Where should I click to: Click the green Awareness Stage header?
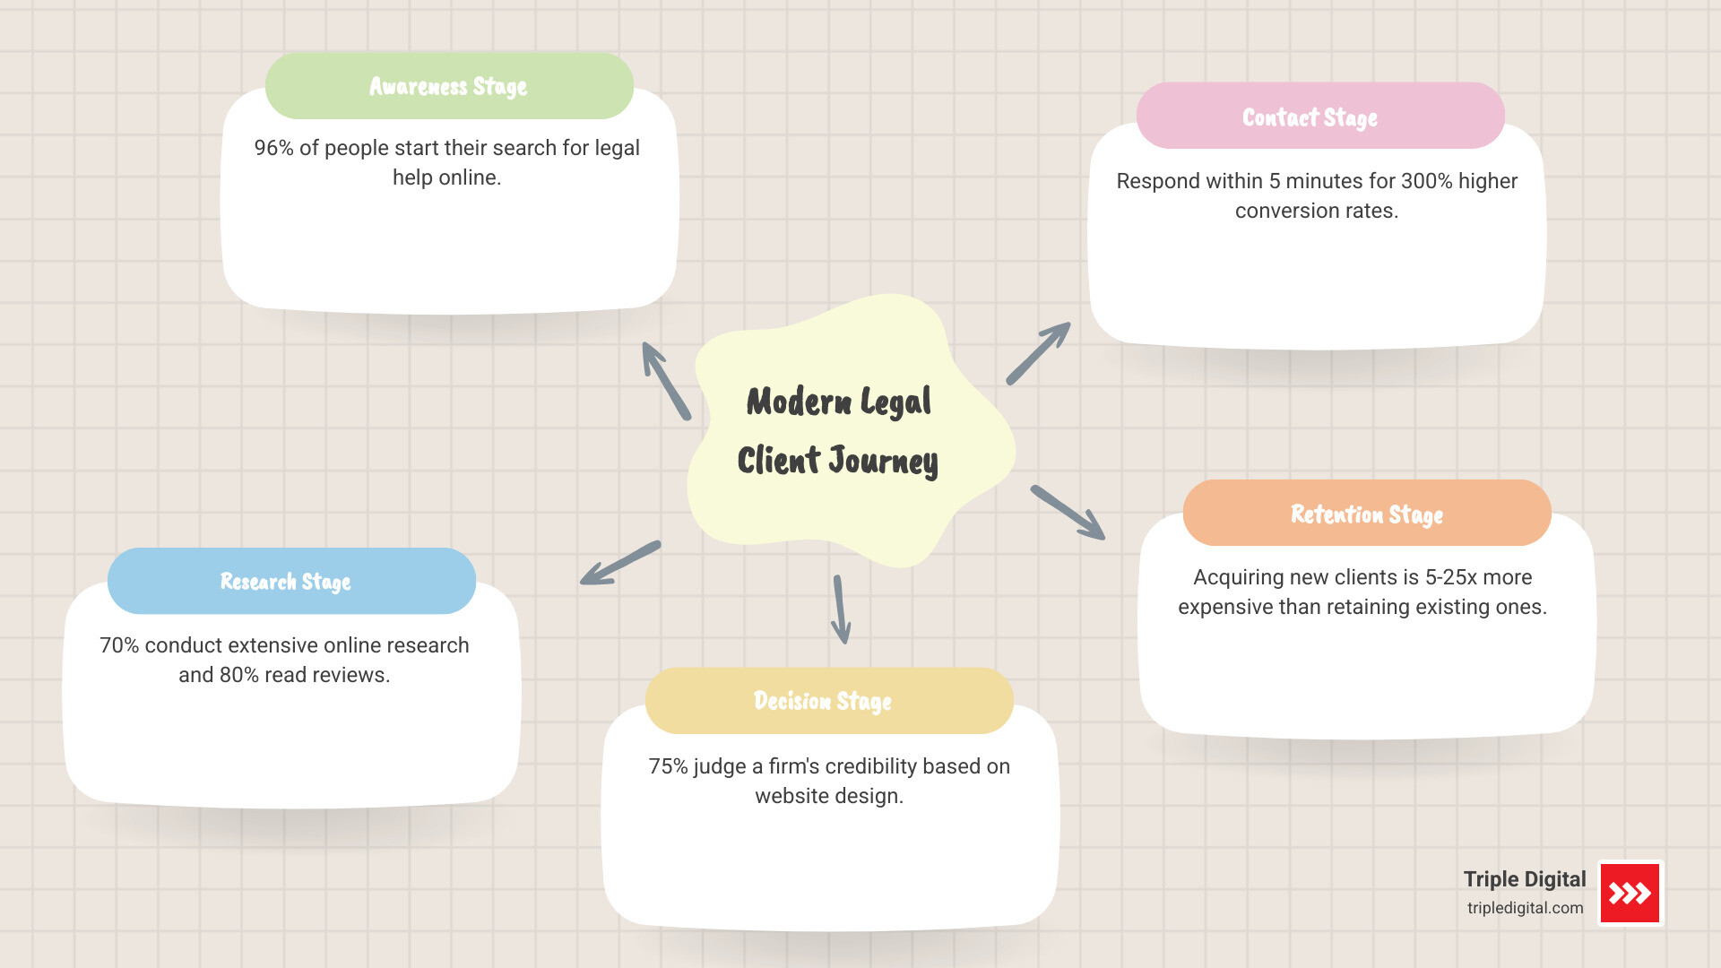[449, 86]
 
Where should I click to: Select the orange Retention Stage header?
[1366, 514]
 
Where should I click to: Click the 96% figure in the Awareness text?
[273, 148]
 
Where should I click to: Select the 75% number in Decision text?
[667, 766]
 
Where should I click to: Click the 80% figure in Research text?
[238, 675]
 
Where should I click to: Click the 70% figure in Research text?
[118, 645]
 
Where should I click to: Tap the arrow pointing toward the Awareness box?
[665, 380]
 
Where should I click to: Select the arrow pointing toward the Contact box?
[1039, 353]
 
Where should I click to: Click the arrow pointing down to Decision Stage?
[841, 609]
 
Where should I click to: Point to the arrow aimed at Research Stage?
[620, 563]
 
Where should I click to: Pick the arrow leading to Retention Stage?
[1068, 513]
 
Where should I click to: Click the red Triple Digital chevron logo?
[1630, 893]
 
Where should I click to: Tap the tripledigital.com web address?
[1525, 908]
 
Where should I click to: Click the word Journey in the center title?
[883, 461]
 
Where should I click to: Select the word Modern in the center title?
[799, 402]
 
